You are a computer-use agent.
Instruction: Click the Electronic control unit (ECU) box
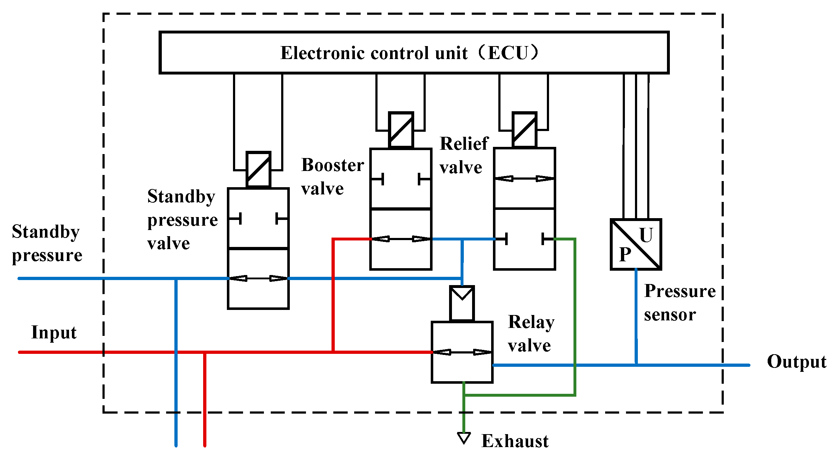(413, 53)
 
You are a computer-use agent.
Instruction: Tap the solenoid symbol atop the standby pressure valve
(258, 170)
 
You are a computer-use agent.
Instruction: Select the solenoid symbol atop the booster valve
(401, 130)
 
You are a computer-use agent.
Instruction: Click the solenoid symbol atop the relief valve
(524, 130)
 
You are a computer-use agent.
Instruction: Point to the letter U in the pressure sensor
(646, 235)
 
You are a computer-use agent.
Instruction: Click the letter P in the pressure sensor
(625, 254)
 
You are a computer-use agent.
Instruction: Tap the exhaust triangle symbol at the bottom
(464, 438)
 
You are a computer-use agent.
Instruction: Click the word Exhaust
(515, 441)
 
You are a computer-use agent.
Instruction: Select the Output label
(796, 362)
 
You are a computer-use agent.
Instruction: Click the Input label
(54, 332)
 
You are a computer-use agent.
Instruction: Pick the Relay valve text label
(531, 334)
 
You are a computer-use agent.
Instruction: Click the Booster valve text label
(332, 177)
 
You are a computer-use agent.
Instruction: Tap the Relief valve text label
(463, 155)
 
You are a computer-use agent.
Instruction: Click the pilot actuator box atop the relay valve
(462, 303)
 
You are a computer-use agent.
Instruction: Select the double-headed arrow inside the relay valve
(462, 352)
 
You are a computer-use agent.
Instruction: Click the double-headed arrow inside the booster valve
(401, 239)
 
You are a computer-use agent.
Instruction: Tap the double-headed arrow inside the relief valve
(524, 178)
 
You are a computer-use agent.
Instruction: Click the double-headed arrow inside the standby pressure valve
(258, 278)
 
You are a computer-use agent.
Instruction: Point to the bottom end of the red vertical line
(205, 445)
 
